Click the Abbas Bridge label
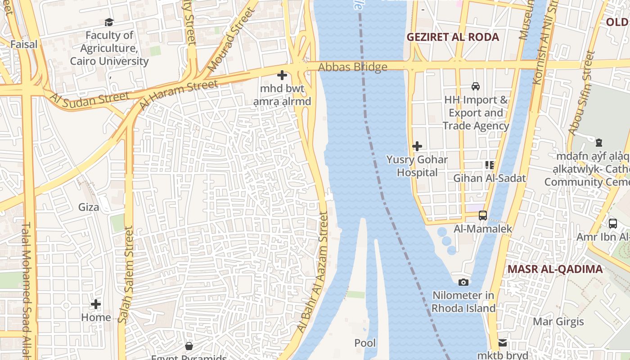[x=353, y=67]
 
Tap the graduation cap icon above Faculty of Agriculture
[x=109, y=22]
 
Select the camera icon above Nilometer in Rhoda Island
[x=463, y=282]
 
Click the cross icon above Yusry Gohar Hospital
[x=417, y=146]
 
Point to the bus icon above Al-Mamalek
[x=483, y=216]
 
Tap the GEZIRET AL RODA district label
[x=453, y=37]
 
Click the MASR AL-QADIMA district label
[x=555, y=270]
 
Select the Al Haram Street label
[x=179, y=94]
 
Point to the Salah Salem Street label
[x=128, y=274]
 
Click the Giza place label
[x=89, y=207]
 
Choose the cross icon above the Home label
[x=96, y=304]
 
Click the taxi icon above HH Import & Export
[x=475, y=86]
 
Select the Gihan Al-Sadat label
[x=489, y=178]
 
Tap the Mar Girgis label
[x=558, y=322]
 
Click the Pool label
[x=365, y=343]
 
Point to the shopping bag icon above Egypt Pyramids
[x=189, y=346]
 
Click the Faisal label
[x=24, y=45]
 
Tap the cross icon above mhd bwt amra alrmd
[x=282, y=75]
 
